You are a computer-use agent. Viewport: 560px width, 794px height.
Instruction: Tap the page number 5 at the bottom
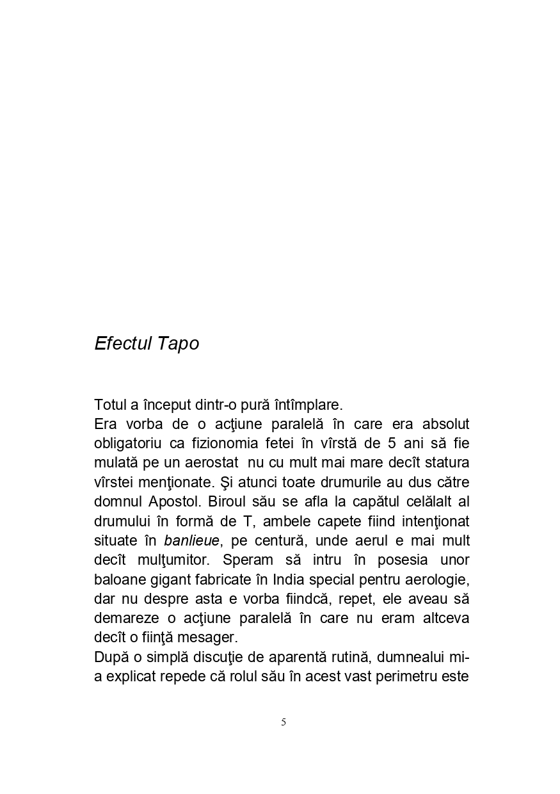(x=284, y=722)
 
